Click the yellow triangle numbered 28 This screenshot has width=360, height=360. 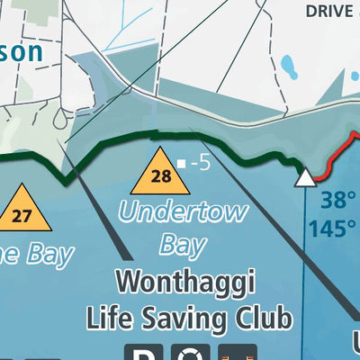160,174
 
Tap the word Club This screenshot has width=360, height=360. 265,318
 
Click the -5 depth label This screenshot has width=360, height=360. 200,164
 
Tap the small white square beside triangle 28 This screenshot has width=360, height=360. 182,164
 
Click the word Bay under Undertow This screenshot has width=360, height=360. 184,244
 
